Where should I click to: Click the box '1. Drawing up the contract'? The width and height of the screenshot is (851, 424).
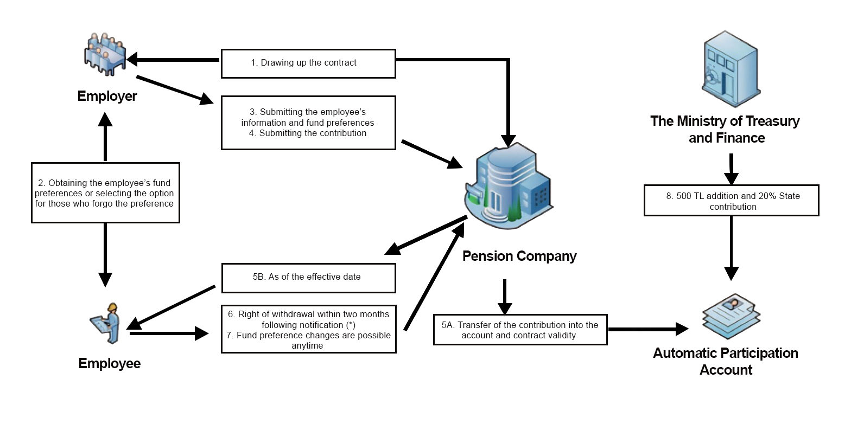(x=308, y=63)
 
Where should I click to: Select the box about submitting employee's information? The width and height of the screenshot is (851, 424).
(x=308, y=123)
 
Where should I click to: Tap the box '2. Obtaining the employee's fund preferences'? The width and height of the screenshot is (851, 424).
(x=105, y=193)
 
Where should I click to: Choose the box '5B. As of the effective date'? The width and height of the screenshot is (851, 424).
(x=308, y=278)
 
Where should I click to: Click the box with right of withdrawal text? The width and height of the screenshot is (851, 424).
(x=308, y=329)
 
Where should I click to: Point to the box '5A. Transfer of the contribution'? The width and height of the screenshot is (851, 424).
(x=520, y=330)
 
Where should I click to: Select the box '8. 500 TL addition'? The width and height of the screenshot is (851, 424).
(x=731, y=201)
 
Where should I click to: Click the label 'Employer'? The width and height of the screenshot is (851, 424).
(x=107, y=97)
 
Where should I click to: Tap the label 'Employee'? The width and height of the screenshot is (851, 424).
(x=109, y=363)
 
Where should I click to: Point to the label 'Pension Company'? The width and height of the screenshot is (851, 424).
(x=519, y=256)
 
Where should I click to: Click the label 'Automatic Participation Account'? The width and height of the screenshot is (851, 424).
(x=726, y=362)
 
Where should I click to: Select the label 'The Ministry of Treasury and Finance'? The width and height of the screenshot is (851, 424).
(x=726, y=129)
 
